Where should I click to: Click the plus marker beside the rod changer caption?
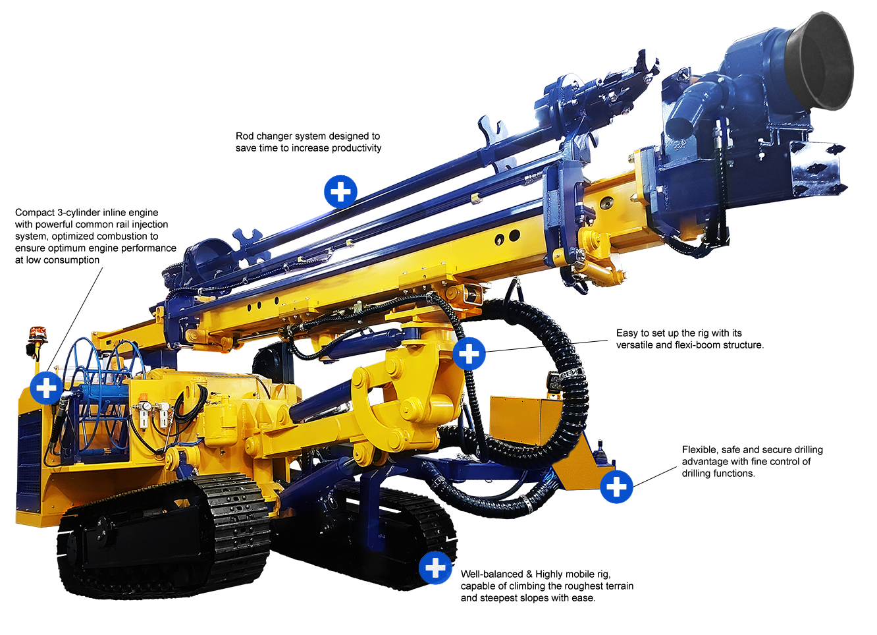[340, 192]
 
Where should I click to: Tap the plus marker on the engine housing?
[47, 388]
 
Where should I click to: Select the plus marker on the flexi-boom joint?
[469, 354]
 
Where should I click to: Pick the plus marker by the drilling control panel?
[616, 487]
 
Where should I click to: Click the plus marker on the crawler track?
[435, 568]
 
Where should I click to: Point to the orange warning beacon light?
[38, 332]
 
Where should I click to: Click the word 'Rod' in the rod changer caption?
[244, 136]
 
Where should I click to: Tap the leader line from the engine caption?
[75, 319]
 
